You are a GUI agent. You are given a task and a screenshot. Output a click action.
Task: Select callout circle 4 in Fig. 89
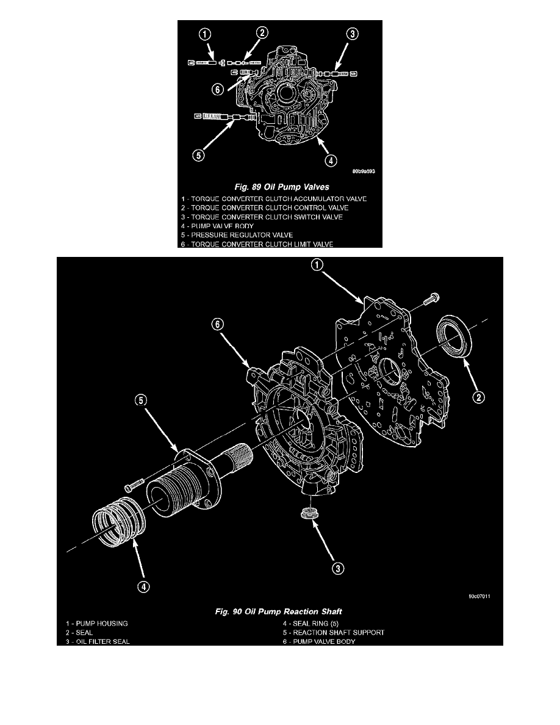click(x=329, y=161)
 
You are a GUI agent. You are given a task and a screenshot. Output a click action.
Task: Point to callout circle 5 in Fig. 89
click(x=199, y=155)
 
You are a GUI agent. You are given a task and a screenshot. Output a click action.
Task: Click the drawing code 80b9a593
click(x=361, y=171)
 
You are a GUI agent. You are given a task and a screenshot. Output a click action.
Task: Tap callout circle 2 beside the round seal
click(x=479, y=397)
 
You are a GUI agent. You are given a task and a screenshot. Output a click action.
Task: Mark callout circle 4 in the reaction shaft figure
click(x=143, y=586)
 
